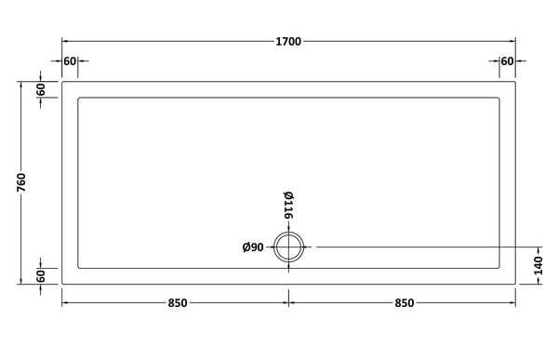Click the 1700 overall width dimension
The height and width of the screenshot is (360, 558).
point(288,42)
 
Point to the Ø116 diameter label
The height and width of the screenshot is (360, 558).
point(288,205)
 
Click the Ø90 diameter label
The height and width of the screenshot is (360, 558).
point(254,247)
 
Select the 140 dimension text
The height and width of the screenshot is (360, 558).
point(538,264)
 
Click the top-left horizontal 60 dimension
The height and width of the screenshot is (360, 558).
point(70,61)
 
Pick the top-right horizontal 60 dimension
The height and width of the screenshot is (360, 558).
point(507,61)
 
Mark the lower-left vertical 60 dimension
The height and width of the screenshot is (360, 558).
point(41,276)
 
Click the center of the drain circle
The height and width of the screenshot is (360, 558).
point(289,247)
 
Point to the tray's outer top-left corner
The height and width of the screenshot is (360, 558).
point(62,82)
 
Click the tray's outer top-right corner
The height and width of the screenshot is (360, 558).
point(515,82)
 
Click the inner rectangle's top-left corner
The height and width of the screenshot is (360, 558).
point(78,98)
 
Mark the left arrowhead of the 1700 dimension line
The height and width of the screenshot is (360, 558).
point(65,42)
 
